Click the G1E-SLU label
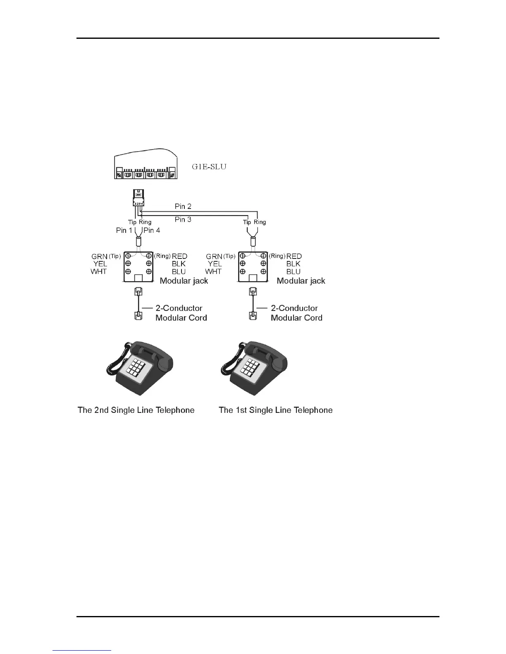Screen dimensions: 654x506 point(209,167)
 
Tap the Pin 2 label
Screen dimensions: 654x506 point(183,206)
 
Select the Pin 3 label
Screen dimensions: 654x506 point(183,219)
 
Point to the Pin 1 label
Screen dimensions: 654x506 point(124,230)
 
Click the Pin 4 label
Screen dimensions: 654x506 point(152,230)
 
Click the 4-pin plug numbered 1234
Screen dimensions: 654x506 point(138,198)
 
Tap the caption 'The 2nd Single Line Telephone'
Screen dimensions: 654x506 point(136,410)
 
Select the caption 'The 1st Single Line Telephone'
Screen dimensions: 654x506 point(275,410)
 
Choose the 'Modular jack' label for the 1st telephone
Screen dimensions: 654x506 point(301,281)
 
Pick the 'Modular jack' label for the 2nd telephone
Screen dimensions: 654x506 point(184,281)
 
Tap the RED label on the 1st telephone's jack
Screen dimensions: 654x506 point(294,256)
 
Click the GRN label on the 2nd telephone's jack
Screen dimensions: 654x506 point(100,256)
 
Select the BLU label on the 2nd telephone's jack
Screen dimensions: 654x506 point(179,272)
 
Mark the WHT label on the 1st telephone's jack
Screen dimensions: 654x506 point(213,271)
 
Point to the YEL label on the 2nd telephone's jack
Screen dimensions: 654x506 point(100,264)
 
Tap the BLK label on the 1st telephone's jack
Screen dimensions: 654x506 point(294,264)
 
